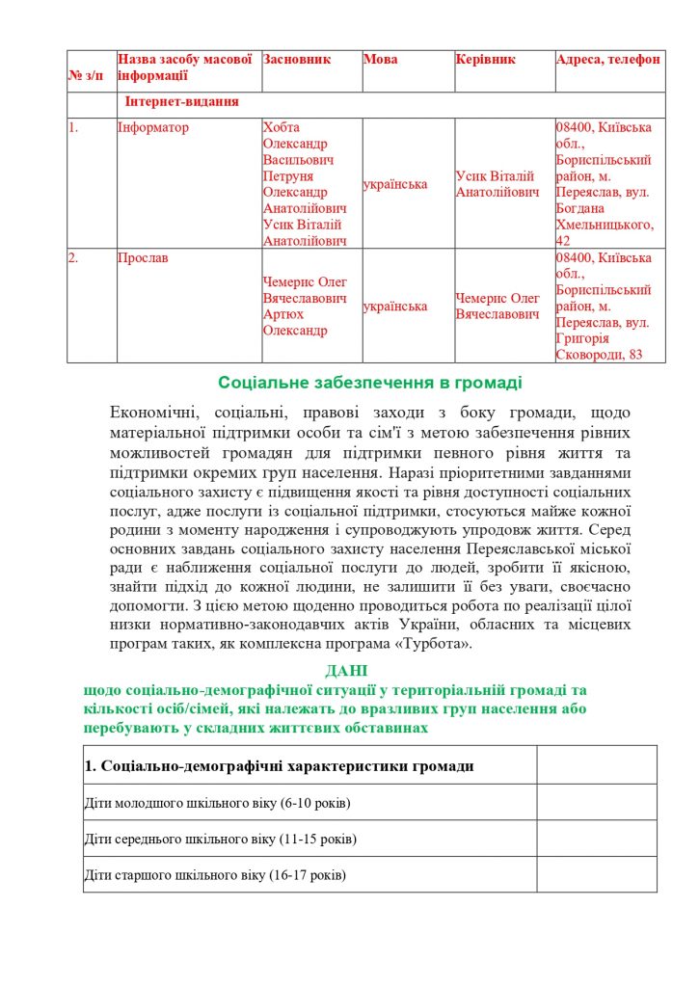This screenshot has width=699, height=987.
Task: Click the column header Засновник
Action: [x=297, y=60]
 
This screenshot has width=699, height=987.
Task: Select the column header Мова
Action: [x=380, y=60]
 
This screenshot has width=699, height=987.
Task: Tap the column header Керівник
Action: [x=486, y=60]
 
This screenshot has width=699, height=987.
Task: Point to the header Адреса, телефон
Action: [x=608, y=60]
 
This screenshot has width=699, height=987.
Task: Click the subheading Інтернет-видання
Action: [x=181, y=101]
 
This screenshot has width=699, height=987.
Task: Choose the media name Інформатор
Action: [x=153, y=127]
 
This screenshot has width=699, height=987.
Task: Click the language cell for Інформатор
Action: [x=395, y=184]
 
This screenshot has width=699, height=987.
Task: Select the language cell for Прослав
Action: [x=395, y=307]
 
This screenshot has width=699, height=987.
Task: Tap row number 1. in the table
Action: [x=72, y=127]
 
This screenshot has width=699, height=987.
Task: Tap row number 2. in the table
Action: [x=73, y=258]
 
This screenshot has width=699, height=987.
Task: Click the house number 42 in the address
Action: [x=564, y=240]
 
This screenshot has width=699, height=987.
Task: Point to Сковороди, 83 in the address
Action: [x=599, y=355]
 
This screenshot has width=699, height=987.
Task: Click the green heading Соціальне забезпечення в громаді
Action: [x=369, y=383]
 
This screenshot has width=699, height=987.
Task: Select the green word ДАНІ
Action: [x=345, y=670]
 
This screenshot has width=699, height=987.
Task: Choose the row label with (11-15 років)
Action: [x=220, y=840]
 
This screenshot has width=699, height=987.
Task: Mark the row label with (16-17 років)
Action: [x=215, y=875]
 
